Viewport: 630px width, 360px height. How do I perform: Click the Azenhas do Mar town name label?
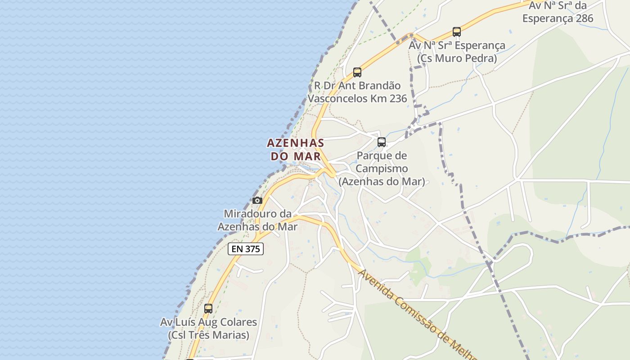tap(296, 149)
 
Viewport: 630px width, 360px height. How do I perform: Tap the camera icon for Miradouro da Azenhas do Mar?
tap(257, 201)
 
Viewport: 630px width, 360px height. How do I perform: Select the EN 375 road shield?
tap(246, 249)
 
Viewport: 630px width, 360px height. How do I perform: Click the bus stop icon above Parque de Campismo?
tap(382, 142)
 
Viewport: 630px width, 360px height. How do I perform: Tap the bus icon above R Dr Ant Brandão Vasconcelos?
tap(357, 72)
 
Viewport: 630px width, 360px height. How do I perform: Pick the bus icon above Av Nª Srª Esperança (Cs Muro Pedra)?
tap(457, 32)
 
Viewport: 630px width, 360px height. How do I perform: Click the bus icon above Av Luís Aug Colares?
tap(208, 309)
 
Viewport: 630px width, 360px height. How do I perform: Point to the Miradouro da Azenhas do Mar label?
tap(257, 220)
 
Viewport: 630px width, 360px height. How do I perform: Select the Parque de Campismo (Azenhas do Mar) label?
tap(382, 169)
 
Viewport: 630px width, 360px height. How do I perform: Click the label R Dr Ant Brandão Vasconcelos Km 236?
tap(357, 92)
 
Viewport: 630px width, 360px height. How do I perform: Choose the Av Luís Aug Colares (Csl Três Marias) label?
tap(208, 328)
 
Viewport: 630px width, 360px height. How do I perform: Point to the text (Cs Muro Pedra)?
tap(457, 58)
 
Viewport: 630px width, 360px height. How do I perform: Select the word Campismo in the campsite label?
tap(382, 169)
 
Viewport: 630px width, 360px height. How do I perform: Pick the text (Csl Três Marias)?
tap(208, 335)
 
